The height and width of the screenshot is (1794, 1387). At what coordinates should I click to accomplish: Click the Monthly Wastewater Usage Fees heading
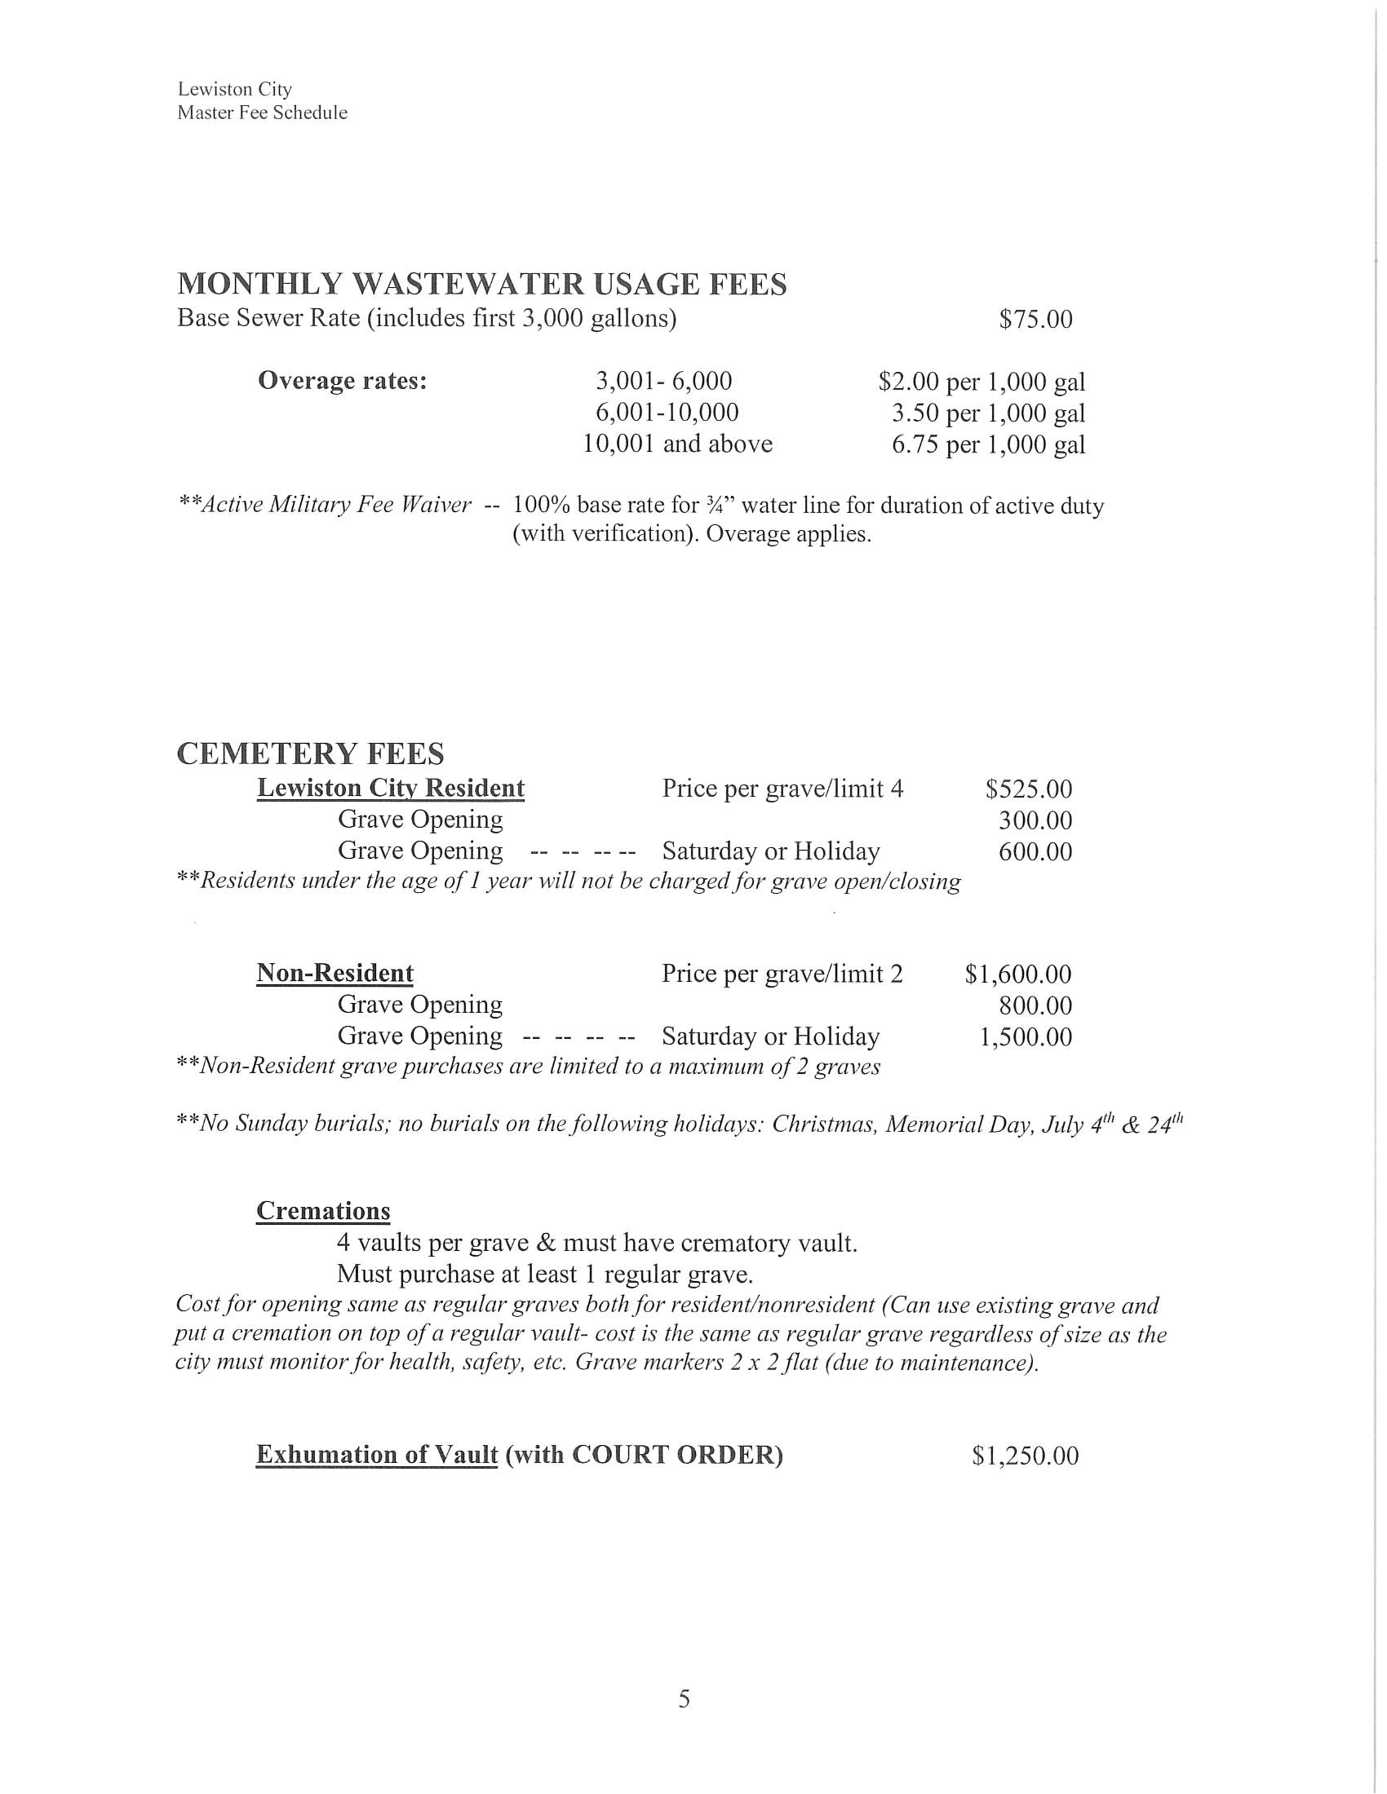point(481,285)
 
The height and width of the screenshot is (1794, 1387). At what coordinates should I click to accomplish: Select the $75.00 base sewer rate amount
point(1035,319)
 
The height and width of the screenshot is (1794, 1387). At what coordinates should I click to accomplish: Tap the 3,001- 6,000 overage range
point(663,381)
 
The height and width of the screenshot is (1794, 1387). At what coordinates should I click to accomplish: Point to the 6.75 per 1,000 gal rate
point(989,444)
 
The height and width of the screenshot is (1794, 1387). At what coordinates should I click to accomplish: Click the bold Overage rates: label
point(342,381)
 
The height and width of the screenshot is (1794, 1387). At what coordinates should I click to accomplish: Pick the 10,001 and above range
point(677,444)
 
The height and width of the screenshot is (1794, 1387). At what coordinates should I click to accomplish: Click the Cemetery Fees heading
point(310,753)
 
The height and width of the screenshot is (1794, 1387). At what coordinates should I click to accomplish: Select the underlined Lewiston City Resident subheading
point(390,788)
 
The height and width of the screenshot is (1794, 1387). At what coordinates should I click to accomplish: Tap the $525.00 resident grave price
point(1029,789)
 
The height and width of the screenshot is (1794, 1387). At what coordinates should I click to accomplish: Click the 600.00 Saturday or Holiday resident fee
point(1035,851)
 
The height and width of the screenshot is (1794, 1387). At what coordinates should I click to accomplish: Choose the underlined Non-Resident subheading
point(335,974)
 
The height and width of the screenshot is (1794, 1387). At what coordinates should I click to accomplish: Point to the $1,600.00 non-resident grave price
point(1018,974)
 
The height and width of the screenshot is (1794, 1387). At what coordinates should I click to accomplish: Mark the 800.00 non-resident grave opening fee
point(1035,1005)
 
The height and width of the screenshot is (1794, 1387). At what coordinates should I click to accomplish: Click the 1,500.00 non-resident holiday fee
point(1025,1036)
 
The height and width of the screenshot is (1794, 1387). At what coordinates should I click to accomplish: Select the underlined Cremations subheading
point(323,1211)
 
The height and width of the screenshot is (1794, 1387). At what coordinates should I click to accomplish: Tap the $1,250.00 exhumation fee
point(1025,1456)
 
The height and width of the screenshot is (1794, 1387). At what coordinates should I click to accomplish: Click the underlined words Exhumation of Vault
point(376,1455)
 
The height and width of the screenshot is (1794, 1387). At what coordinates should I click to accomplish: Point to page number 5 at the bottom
point(684,1699)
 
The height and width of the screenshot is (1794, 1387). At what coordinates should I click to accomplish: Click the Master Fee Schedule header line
point(262,113)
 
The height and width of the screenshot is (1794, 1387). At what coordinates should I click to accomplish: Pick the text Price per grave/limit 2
point(782,974)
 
